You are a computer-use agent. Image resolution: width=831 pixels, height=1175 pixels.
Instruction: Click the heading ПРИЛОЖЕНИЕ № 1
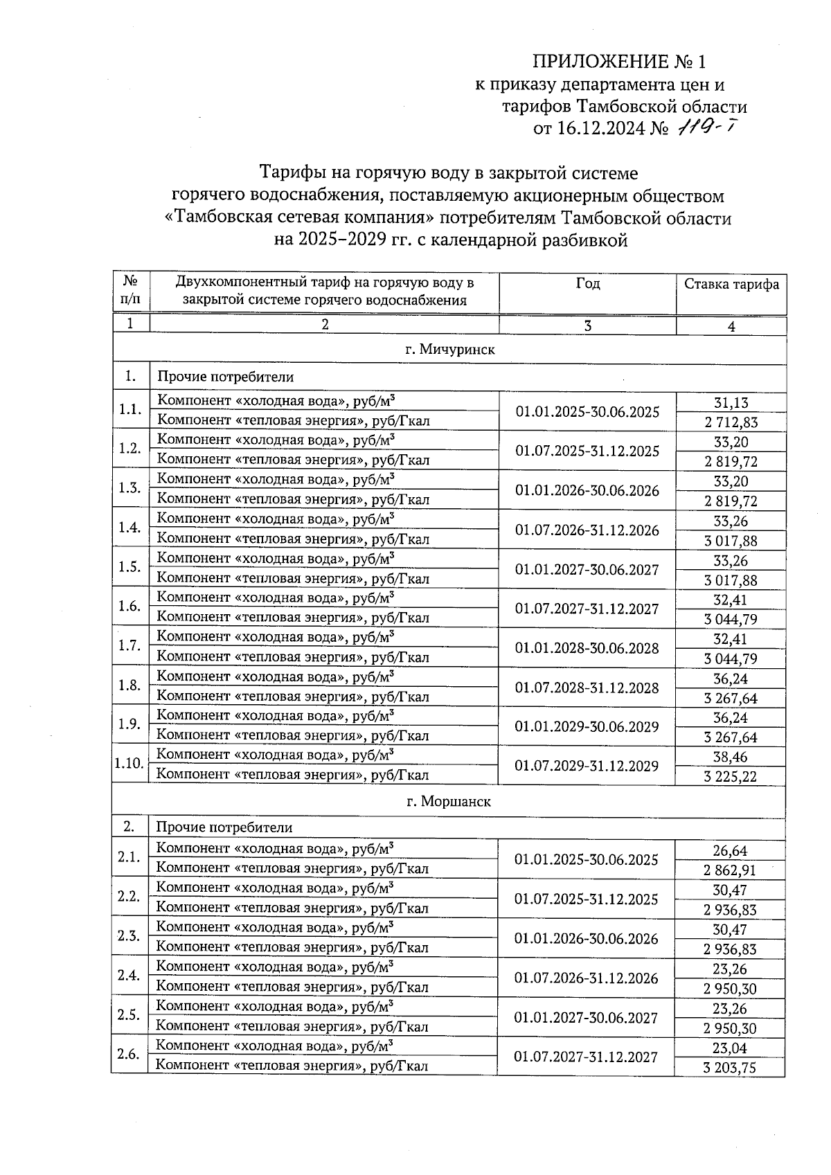(x=618, y=62)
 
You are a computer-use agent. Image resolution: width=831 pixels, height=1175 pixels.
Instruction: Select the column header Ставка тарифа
(x=731, y=285)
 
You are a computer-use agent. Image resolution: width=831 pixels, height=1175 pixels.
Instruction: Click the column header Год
(x=587, y=284)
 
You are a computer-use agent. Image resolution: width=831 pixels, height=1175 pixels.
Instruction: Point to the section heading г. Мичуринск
(x=449, y=350)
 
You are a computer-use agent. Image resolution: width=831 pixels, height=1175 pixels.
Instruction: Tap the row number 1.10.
(x=129, y=764)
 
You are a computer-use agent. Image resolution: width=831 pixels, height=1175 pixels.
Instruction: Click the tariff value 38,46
(x=731, y=757)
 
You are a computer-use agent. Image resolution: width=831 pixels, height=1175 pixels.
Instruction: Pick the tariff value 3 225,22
(x=731, y=777)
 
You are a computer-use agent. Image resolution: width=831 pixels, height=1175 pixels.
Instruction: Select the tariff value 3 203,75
(x=730, y=1068)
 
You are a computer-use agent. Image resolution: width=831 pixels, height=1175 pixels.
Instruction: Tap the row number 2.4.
(x=129, y=976)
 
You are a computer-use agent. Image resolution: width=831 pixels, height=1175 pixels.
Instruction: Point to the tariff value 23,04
(x=730, y=1048)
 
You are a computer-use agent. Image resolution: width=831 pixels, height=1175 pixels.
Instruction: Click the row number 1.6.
(x=129, y=607)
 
